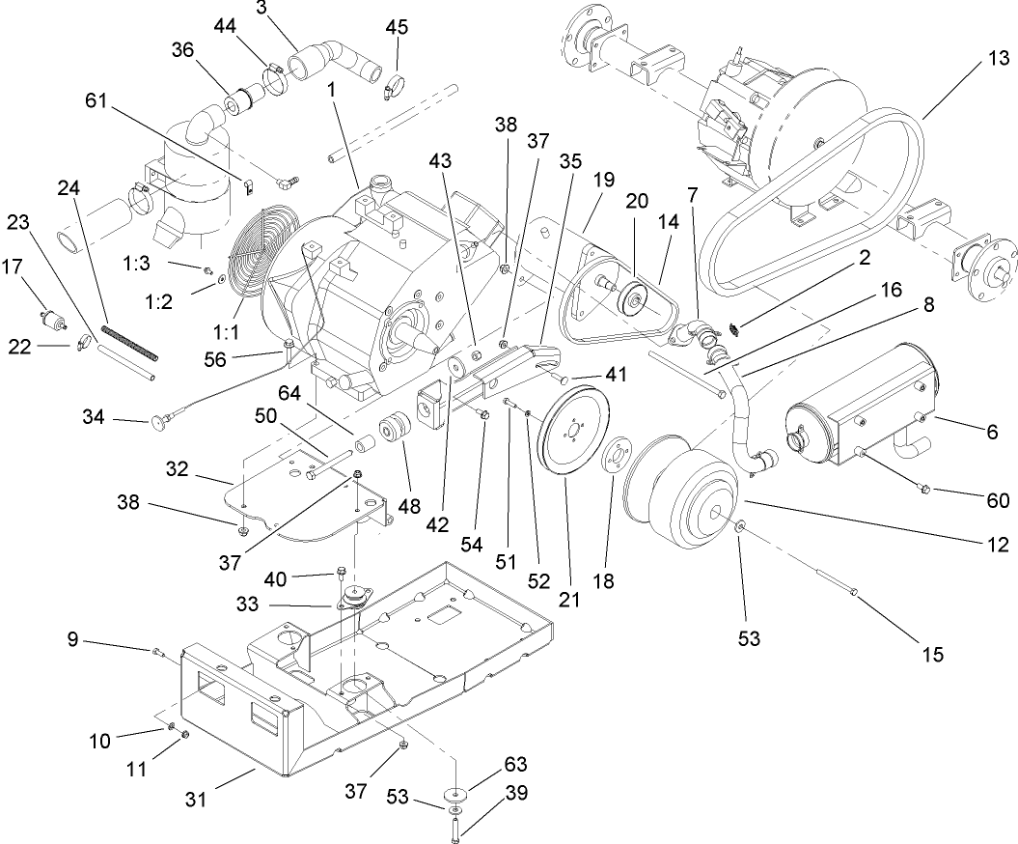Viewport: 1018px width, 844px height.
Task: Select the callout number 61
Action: (95, 100)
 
